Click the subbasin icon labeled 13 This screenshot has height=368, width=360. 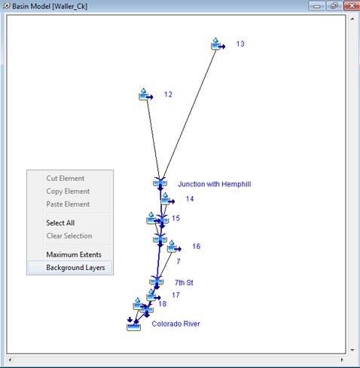tap(218, 44)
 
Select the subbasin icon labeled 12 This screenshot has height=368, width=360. tap(146, 94)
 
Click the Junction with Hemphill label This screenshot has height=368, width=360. tap(214, 184)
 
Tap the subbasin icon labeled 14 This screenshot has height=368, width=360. tap(168, 199)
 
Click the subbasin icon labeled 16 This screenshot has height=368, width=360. tap(174, 247)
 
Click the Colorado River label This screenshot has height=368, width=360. tap(175, 324)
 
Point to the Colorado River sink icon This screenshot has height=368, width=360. tap(133, 324)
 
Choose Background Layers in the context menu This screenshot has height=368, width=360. tap(75, 268)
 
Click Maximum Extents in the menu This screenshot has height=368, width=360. tap(74, 255)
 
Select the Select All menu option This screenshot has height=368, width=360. tap(60, 223)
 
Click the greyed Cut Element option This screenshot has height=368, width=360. tap(66, 179)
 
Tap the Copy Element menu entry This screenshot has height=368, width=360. tap(68, 192)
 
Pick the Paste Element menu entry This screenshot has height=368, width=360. tap(68, 204)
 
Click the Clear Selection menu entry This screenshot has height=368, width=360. tap(69, 236)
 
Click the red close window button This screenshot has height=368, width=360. tap(351, 5)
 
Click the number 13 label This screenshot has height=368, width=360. tap(240, 44)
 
